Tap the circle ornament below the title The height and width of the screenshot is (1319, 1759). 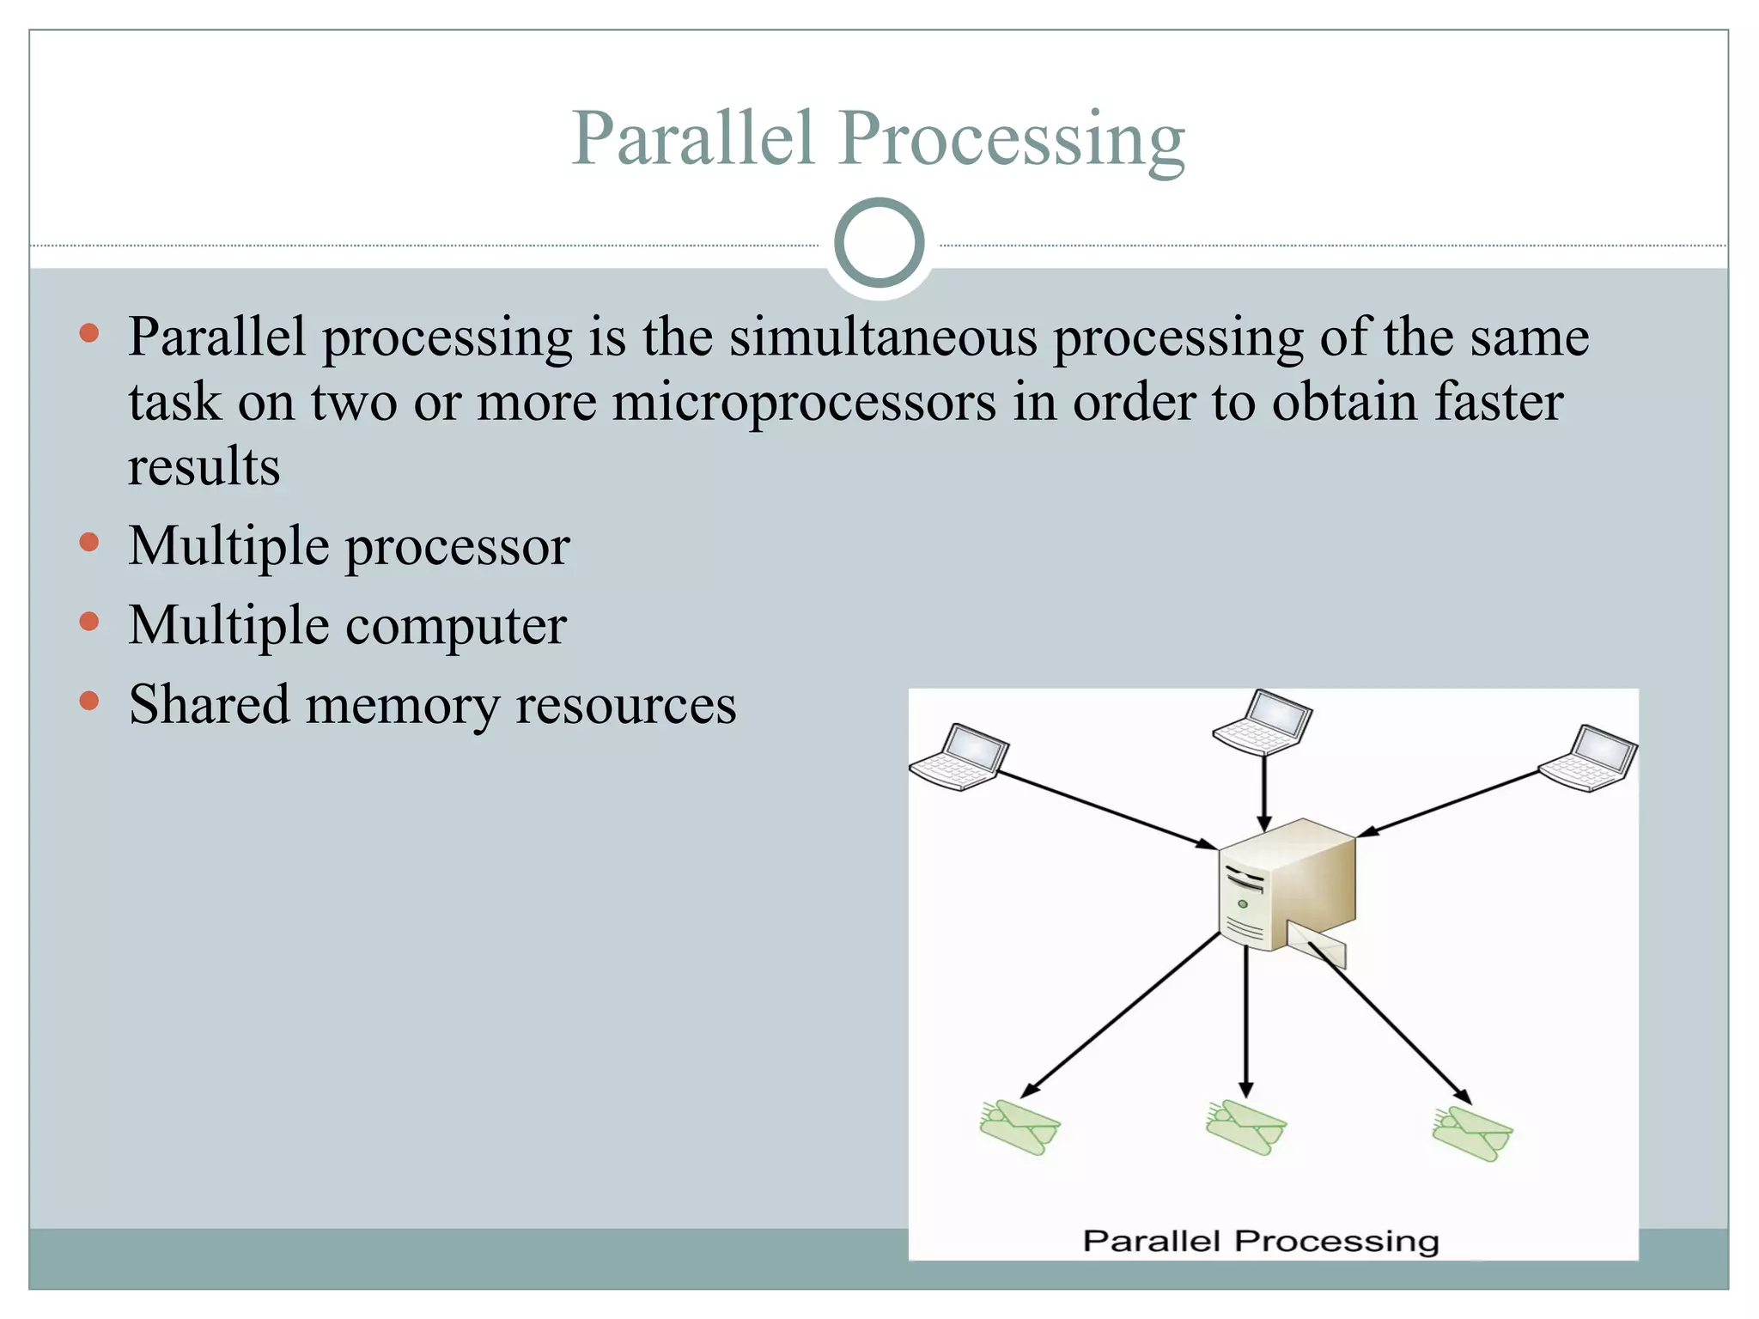(879, 243)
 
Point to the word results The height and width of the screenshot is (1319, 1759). (204, 467)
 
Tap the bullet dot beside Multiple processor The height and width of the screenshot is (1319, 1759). (89, 542)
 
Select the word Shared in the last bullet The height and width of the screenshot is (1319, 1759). (209, 704)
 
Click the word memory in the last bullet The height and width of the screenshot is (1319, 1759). (402, 706)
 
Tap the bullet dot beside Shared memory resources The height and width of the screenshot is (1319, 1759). (89, 701)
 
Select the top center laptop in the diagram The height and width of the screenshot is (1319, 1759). (1263, 722)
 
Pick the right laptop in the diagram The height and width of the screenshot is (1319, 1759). (1588, 758)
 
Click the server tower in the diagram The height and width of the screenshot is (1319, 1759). (1287, 884)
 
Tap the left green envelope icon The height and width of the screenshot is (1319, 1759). (1019, 1127)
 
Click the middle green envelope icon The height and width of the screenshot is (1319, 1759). (1245, 1128)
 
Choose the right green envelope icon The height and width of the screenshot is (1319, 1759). (1472, 1134)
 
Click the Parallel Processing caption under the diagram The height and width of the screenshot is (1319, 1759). (1260, 1241)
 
